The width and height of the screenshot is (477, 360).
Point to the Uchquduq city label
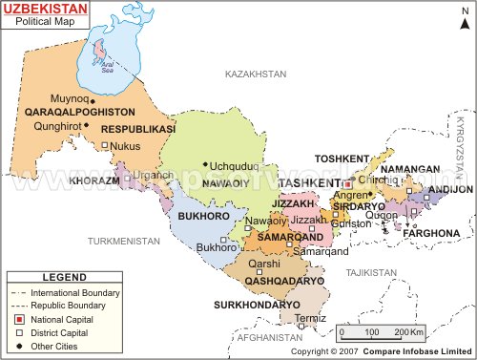point(234,164)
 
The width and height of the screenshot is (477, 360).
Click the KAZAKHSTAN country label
point(256,74)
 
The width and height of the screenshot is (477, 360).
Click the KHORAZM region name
point(94,180)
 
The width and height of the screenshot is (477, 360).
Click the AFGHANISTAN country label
point(269,338)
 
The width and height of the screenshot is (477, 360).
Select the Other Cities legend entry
point(58,346)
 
